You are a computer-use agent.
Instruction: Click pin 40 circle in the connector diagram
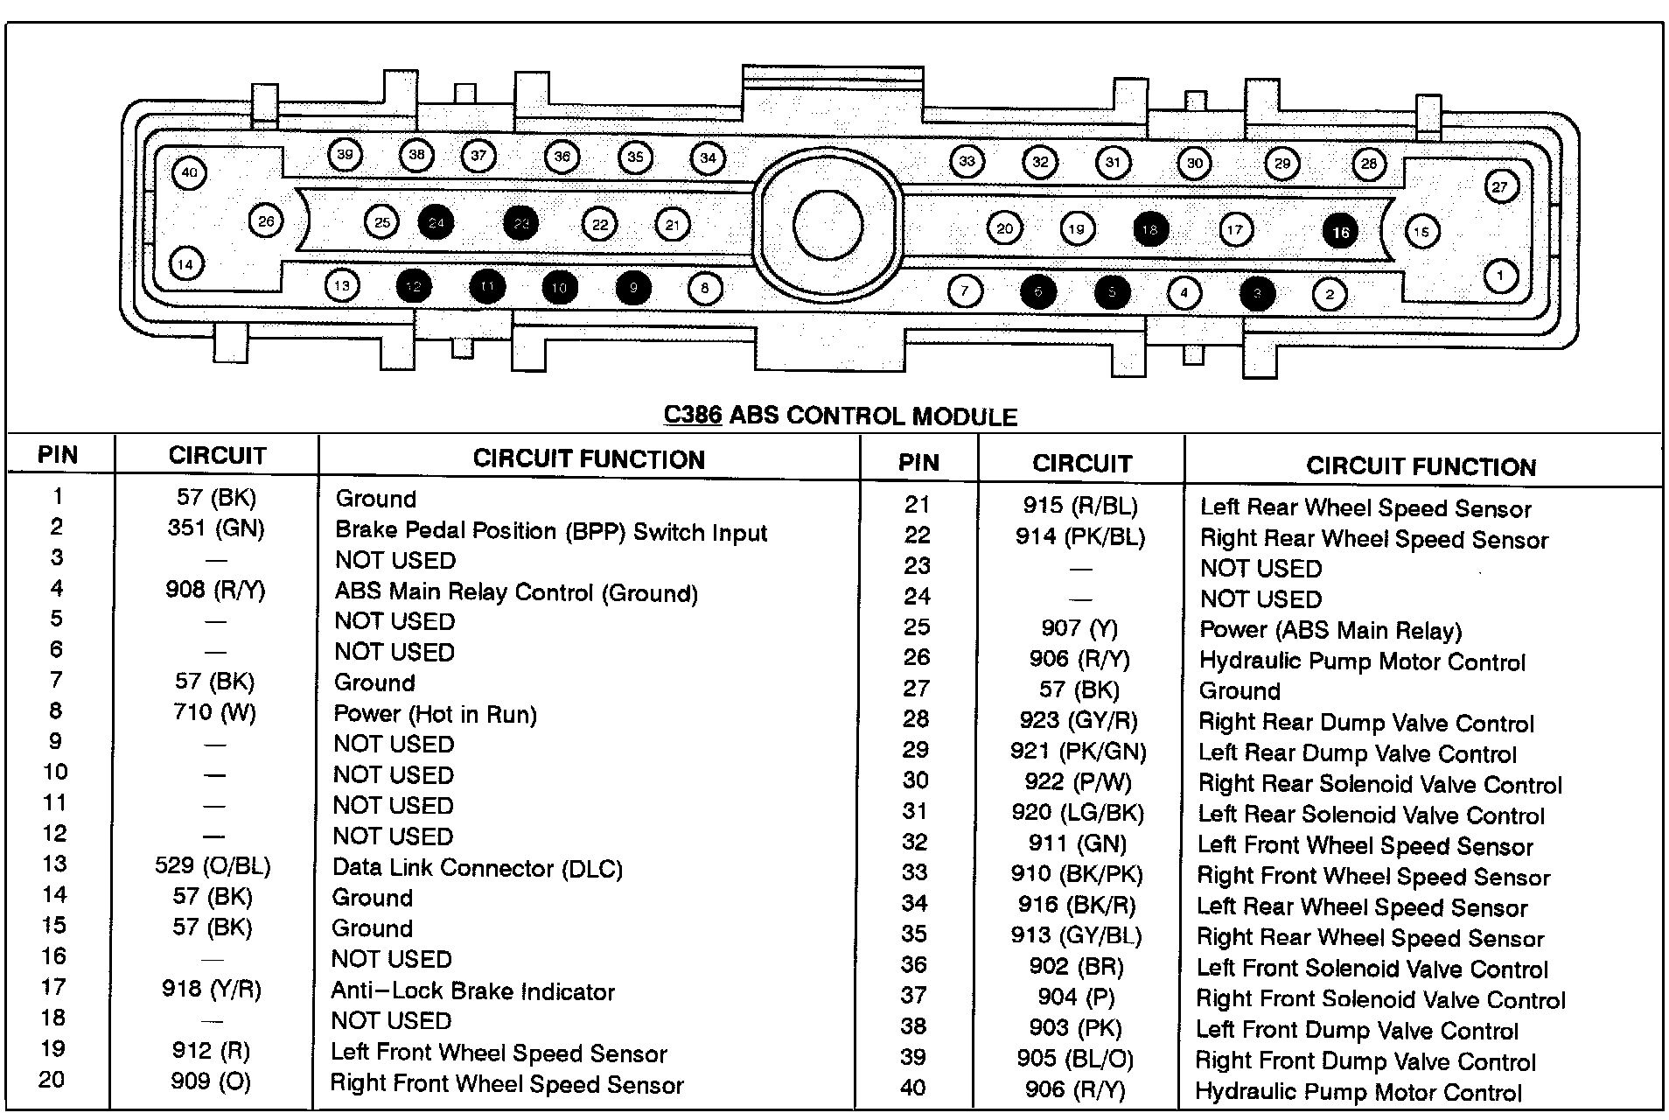click(190, 172)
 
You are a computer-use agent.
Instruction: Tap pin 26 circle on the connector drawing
click(266, 221)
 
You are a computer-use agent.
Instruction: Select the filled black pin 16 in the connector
click(1340, 232)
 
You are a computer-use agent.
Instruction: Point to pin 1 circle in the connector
click(1501, 276)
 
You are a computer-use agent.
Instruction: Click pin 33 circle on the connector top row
click(967, 161)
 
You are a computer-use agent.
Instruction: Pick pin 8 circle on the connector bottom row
click(705, 288)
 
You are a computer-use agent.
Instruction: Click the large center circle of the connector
click(828, 225)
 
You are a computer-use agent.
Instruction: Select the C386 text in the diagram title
click(693, 415)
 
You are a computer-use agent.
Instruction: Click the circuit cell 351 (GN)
click(216, 528)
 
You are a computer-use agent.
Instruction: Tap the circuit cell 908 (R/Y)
click(215, 590)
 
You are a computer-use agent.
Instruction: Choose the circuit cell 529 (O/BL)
click(213, 866)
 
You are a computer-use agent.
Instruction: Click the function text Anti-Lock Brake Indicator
click(472, 991)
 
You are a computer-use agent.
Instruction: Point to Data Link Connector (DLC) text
click(478, 868)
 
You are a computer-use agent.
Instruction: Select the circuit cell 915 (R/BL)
click(1080, 506)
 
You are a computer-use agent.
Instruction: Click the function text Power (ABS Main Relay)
click(1330, 631)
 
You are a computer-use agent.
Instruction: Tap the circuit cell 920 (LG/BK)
click(1078, 813)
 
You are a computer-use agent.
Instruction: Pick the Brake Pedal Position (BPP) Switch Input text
click(551, 531)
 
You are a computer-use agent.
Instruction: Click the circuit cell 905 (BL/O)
click(1075, 1060)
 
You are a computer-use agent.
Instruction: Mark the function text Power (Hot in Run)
click(435, 715)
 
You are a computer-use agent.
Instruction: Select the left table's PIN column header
click(58, 455)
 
